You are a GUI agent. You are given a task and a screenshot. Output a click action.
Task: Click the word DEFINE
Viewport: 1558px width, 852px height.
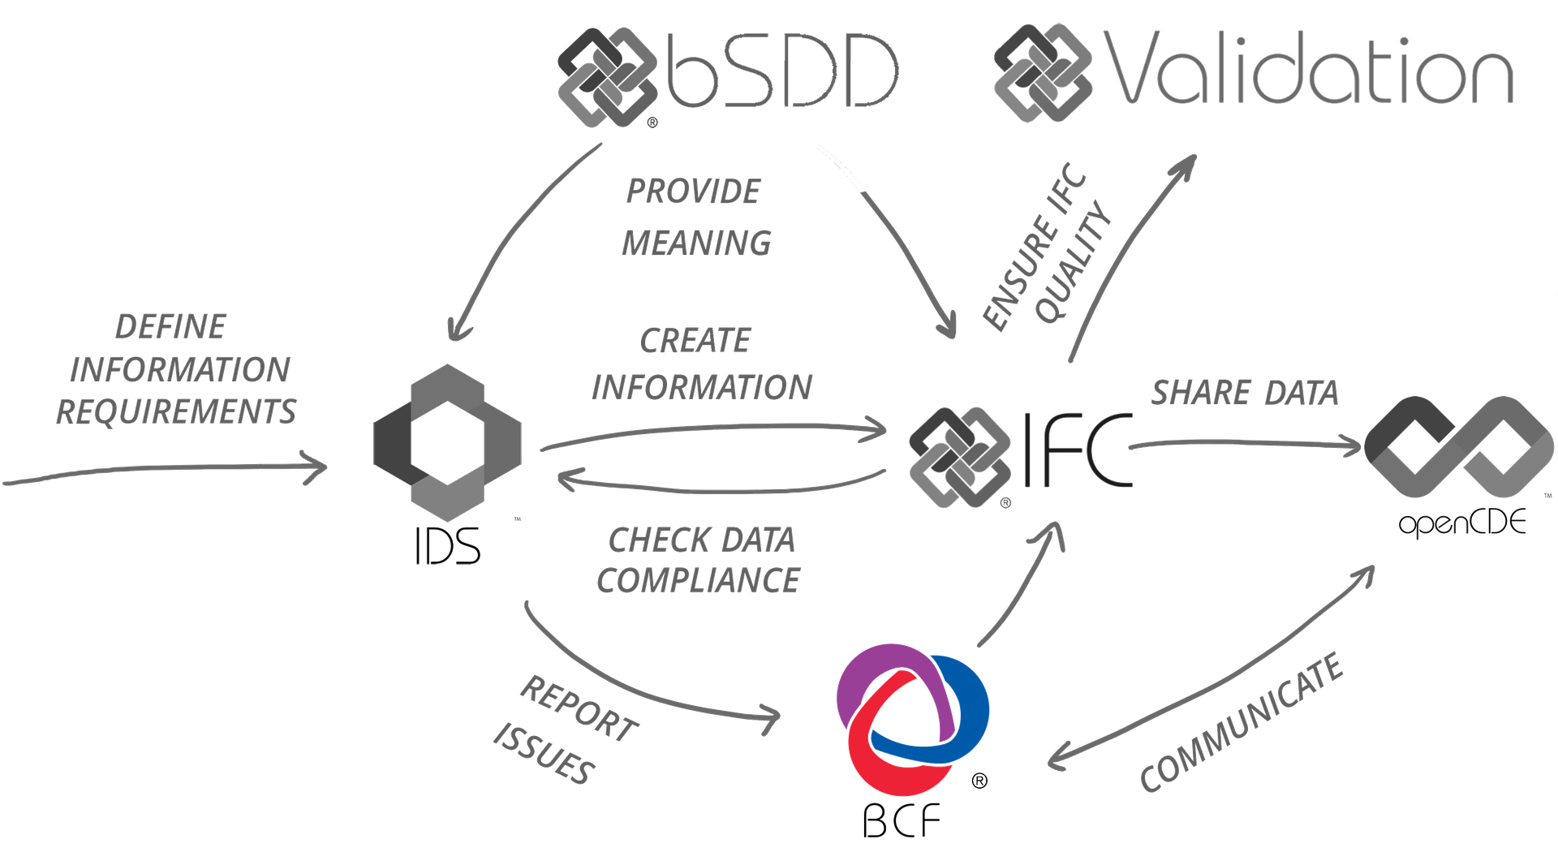[170, 327]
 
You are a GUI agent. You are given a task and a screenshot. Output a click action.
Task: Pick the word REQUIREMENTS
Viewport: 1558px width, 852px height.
[176, 411]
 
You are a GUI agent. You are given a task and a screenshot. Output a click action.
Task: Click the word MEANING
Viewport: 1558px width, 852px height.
[696, 243]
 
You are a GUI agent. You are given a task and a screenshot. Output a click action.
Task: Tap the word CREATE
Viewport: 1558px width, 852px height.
[695, 341]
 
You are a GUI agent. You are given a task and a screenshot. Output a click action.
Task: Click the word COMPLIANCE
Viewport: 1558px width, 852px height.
[699, 579]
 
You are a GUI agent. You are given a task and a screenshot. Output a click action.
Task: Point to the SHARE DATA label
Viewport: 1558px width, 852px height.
[1244, 393]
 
